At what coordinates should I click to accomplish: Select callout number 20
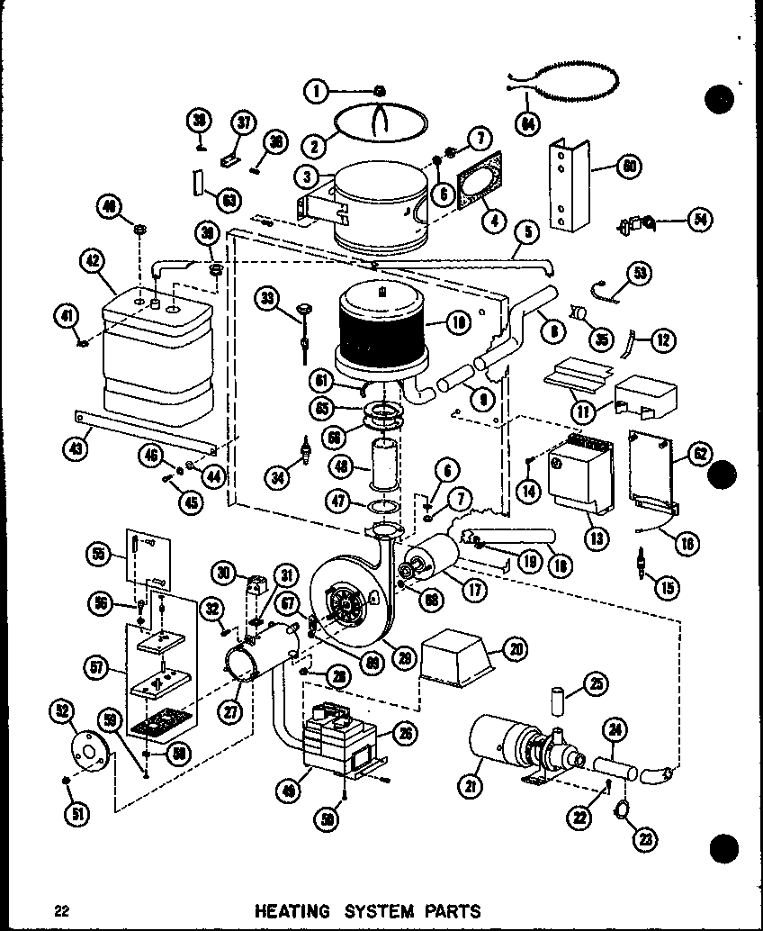point(516,648)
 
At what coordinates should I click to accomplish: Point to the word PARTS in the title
point(447,910)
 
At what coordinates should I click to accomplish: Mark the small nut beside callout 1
point(380,89)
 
